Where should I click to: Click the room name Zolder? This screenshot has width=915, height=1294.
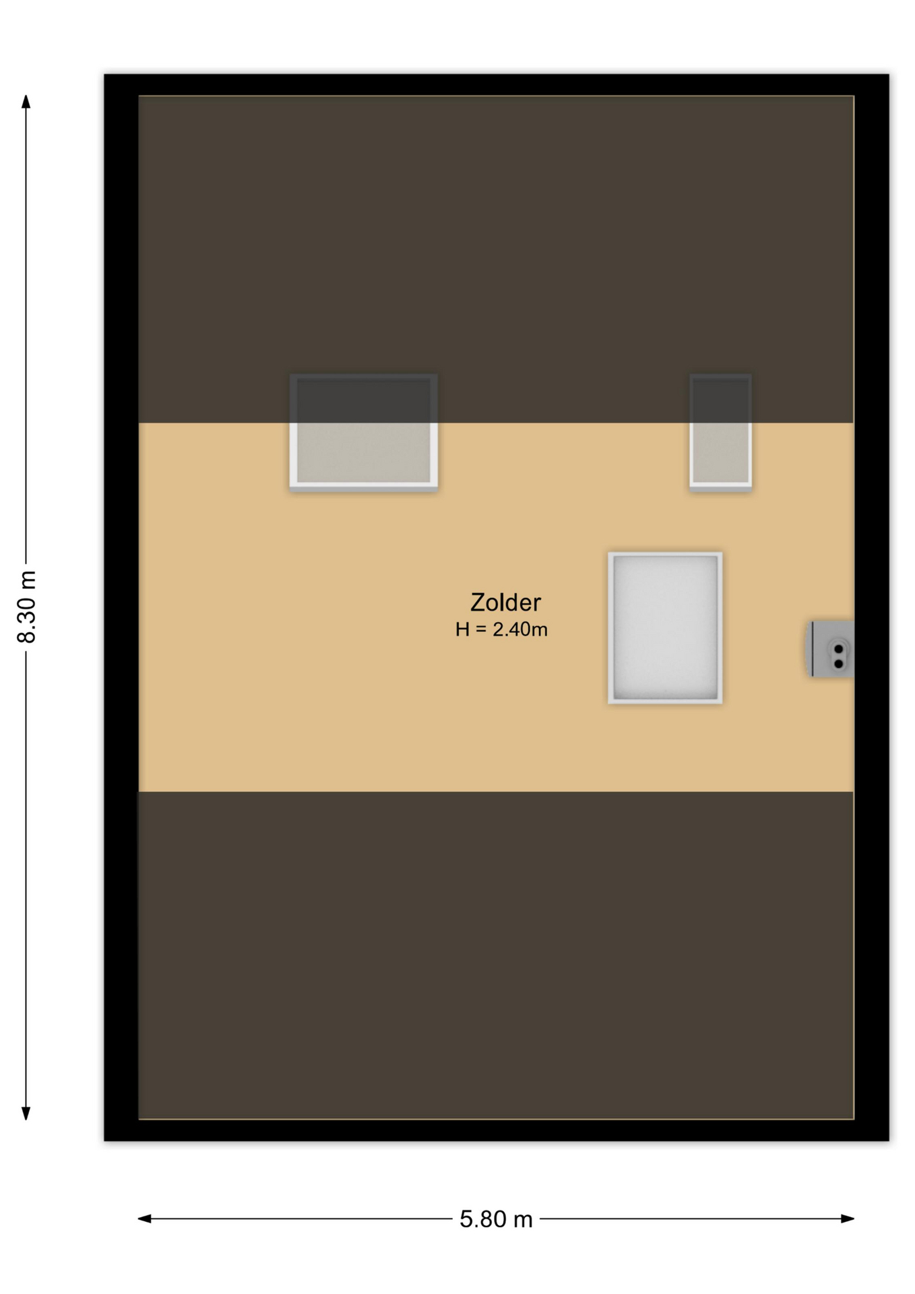click(x=505, y=602)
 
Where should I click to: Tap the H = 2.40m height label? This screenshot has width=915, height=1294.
click(x=501, y=629)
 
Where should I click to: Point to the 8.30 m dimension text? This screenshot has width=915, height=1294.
click(x=27, y=607)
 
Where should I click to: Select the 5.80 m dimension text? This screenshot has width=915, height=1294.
click(x=496, y=1219)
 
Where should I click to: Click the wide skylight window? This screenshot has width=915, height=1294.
click(x=364, y=431)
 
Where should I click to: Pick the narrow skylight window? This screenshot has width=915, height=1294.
click(x=720, y=431)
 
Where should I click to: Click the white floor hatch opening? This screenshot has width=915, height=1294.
click(x=665, y=628)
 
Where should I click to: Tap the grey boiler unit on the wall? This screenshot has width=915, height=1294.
click(x=831, y=649)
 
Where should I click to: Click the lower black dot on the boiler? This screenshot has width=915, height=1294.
click(x=839, y=664)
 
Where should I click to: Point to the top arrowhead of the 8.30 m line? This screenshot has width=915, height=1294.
click(x=26, y=102)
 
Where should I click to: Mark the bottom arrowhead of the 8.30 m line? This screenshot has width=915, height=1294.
click(x=26, y=1113)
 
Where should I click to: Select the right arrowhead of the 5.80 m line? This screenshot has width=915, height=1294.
click(x=848, y=1219)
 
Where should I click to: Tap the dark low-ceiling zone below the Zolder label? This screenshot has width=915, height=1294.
click(x=496, y=955)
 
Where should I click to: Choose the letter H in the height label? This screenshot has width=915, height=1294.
click(x=462, y=629)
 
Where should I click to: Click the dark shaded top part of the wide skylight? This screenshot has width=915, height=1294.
click(x=364, y=399)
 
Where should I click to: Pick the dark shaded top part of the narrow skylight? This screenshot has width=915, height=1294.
click(x=720, y=399)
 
